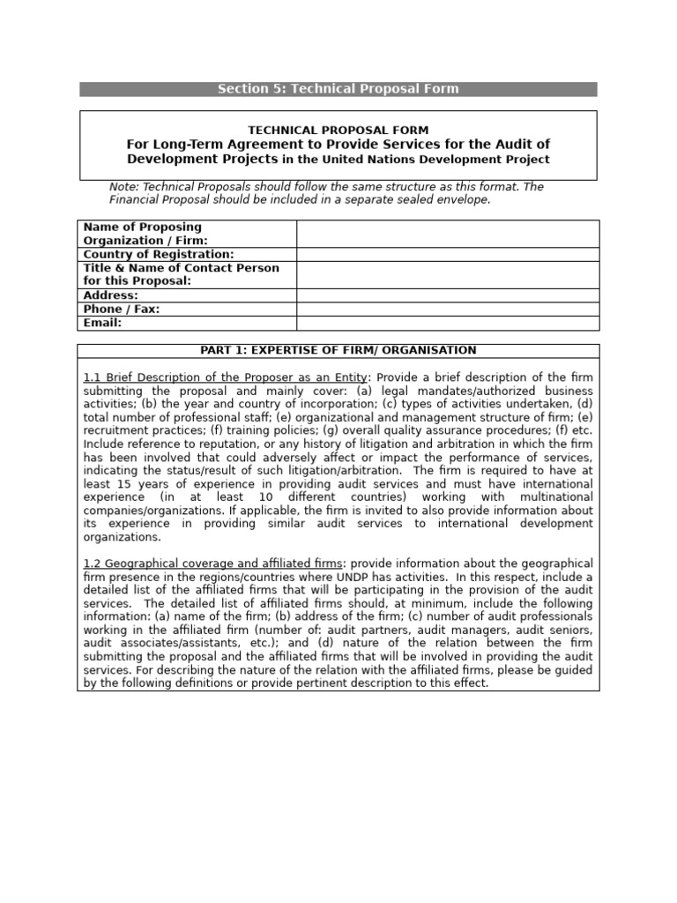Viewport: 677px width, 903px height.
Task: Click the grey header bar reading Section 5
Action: tap(338, 89)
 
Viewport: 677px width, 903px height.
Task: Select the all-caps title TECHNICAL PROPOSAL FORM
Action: tap(338, 130)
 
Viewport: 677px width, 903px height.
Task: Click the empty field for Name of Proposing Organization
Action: tap(448, 234)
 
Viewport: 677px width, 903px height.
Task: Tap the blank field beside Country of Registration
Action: tap(448, 255)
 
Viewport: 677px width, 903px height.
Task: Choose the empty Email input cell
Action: tap(448, 324)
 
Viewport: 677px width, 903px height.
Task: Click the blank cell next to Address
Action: tap(448, 295)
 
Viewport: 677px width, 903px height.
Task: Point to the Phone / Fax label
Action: tap(121, 310)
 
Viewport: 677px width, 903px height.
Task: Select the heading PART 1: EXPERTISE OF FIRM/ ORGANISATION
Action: tap(338, 350)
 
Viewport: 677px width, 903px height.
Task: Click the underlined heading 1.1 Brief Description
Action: tap(225, 377)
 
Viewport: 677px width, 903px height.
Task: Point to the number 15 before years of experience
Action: tap(126, 484)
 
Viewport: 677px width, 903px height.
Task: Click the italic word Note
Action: tap(123, 187)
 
